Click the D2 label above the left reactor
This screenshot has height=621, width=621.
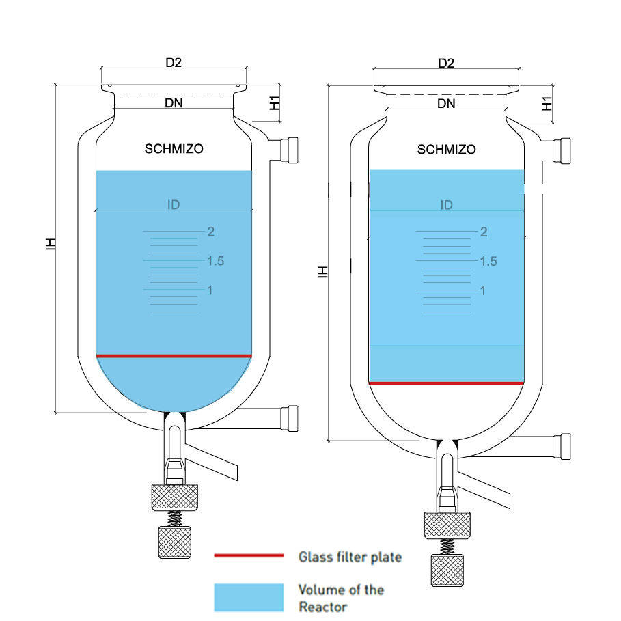click(174, 63)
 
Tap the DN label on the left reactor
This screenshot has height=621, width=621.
click(174, 103)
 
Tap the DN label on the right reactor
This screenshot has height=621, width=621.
click(446, 104)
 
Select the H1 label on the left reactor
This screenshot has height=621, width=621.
click(273, 104)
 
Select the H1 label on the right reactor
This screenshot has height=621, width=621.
click(547, 104)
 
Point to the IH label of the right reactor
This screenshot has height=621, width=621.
click(323, 271)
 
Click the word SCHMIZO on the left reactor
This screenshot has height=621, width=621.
click(174, 149)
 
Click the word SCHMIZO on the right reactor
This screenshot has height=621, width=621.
click(446, 150)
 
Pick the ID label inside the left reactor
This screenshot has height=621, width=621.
click(174, 204)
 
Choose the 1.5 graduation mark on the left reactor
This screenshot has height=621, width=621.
click(215, 261)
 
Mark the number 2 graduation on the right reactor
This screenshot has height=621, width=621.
click(484, 232)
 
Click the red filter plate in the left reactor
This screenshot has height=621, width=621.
click(174, 356)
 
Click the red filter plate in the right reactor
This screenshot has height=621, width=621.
click(446, 384)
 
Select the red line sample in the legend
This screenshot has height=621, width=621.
click(249, 556)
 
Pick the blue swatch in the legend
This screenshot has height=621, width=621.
click(249, 597)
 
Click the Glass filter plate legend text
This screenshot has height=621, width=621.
click(350, 557)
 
